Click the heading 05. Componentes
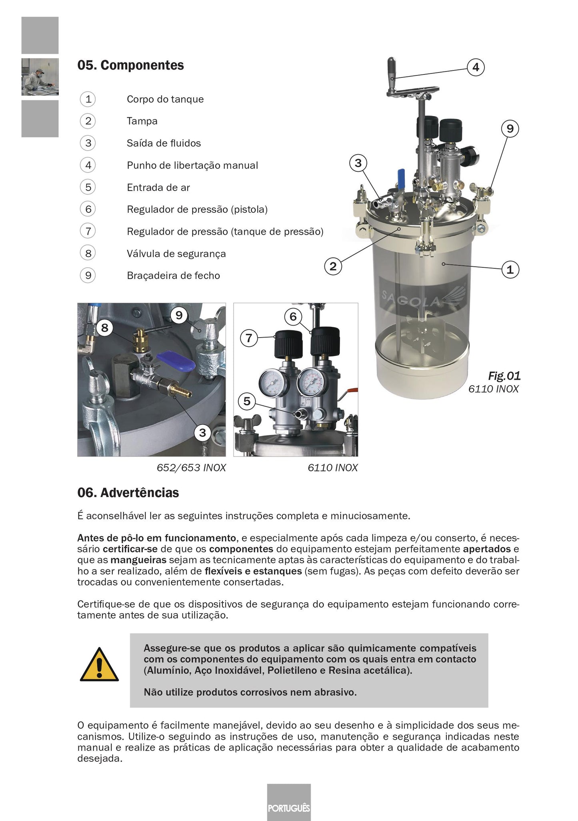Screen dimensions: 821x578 click(130, 65)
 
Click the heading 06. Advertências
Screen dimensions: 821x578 click(128, 493)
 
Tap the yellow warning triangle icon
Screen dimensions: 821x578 click(99, 665)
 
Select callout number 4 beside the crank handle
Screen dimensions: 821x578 click(476, 67)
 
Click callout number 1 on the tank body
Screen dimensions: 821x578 click(510, 270)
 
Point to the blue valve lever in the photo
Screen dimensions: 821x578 click(176, 360)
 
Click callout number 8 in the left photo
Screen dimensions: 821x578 click(104, 328)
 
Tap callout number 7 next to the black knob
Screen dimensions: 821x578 click(249, 338)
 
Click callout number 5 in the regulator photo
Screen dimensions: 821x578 click(247, 401)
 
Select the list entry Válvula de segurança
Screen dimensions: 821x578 click(176, 254)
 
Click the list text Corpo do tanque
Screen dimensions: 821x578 click(165, 99)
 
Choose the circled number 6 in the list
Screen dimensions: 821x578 click(88, 209)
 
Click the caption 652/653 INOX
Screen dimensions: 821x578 click(191, 468)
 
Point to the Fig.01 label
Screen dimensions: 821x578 click(504, 376)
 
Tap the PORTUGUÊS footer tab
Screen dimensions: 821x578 click(289, 808)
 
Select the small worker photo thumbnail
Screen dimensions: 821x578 click(40, 77)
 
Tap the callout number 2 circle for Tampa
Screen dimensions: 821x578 click(333, 266)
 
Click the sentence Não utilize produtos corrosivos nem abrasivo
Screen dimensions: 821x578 click(250, 692)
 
